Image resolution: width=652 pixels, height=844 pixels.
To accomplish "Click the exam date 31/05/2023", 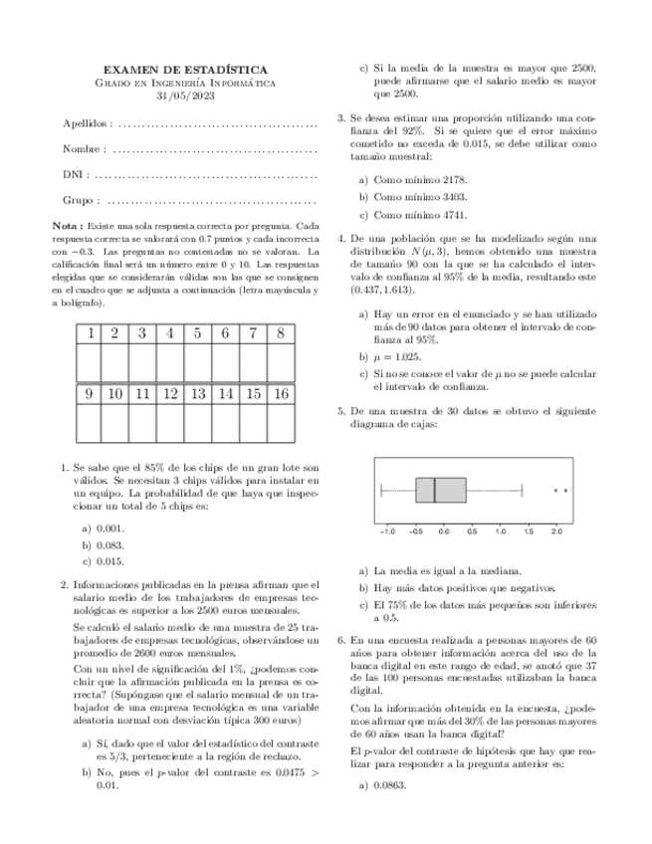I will pyautogui.click(x=192, y=97).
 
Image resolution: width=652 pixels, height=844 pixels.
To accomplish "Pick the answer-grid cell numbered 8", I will pyautogui.click(x=282, y=333).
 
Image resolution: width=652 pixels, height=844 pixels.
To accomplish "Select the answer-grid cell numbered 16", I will pyautogui.click(x=282, y=394).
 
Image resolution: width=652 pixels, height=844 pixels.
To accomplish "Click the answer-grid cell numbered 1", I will pyautogui.click(x=89, y=333).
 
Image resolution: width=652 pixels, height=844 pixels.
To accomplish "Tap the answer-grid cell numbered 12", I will pyautogui.click(x=170, y=394).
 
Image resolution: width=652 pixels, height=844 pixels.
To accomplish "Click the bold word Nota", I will pyautogui.click(x=67, y=227).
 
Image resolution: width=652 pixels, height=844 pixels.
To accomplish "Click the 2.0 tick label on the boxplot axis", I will pyautogui.click(x=557, y=532).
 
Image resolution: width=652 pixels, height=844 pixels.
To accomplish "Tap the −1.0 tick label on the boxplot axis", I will pyautogui.click(x=386, y=532).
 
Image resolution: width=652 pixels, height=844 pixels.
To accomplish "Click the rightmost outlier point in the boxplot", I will pyautogui.click(x=566, y=490).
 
